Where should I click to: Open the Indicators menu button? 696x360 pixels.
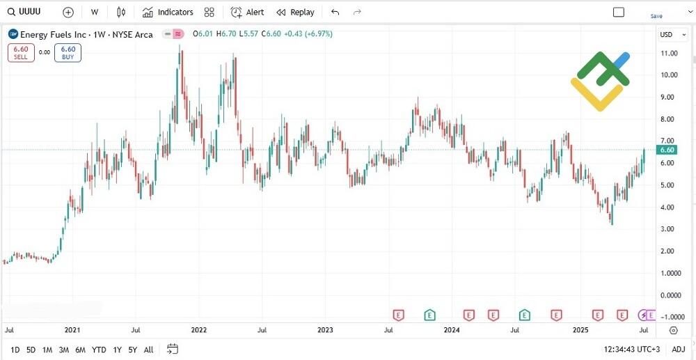pos(168,12)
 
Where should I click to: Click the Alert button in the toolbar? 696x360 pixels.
pos(247,12)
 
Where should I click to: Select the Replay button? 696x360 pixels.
pos(295,12)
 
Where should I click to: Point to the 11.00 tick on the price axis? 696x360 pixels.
pos(670,53)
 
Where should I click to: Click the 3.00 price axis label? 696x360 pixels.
pos(670,229)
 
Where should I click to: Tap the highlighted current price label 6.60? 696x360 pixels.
pos(667,150)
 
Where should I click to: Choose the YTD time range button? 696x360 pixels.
pos(99,350)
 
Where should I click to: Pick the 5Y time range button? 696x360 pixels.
pos(132,350)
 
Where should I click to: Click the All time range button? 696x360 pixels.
pos(148,350)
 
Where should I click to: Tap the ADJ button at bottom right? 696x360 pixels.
pos(678,350)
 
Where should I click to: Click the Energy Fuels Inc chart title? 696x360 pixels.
pos(87,34)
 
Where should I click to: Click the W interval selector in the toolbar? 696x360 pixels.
pos(94,12)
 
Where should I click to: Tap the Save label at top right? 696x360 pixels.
pos(656,15)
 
